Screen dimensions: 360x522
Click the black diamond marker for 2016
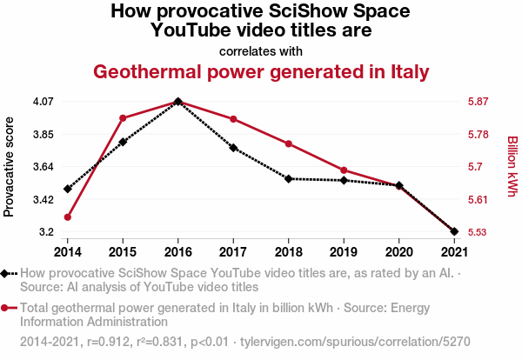click(x=177, y=102)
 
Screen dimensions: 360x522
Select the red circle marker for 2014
click(x=67, y=217)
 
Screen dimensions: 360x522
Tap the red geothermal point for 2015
click(x=123, y=118)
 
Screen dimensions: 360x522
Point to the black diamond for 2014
click(x=67, y=189)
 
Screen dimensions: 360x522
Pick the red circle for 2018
click(x=288, y=143)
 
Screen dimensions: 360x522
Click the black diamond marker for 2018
click(x=288, y=178)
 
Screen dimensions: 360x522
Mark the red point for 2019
click(x=344, y=170)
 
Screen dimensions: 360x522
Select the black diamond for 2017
click(x=233, y=148)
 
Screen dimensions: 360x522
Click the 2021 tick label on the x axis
click(x=454, y=251)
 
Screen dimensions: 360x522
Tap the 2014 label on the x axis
click(x=67, y=251)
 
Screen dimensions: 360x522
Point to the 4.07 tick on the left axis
click(x=43, y=102)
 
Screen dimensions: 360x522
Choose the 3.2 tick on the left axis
click(x=46, y=232)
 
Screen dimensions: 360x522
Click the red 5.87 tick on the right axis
click(x=478, y=102)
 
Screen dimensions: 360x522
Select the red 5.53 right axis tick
click(x=478, y=232)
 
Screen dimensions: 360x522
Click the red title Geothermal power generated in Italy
click(x=261, y=72)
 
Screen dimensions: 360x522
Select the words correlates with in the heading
click(x=261, y=50)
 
